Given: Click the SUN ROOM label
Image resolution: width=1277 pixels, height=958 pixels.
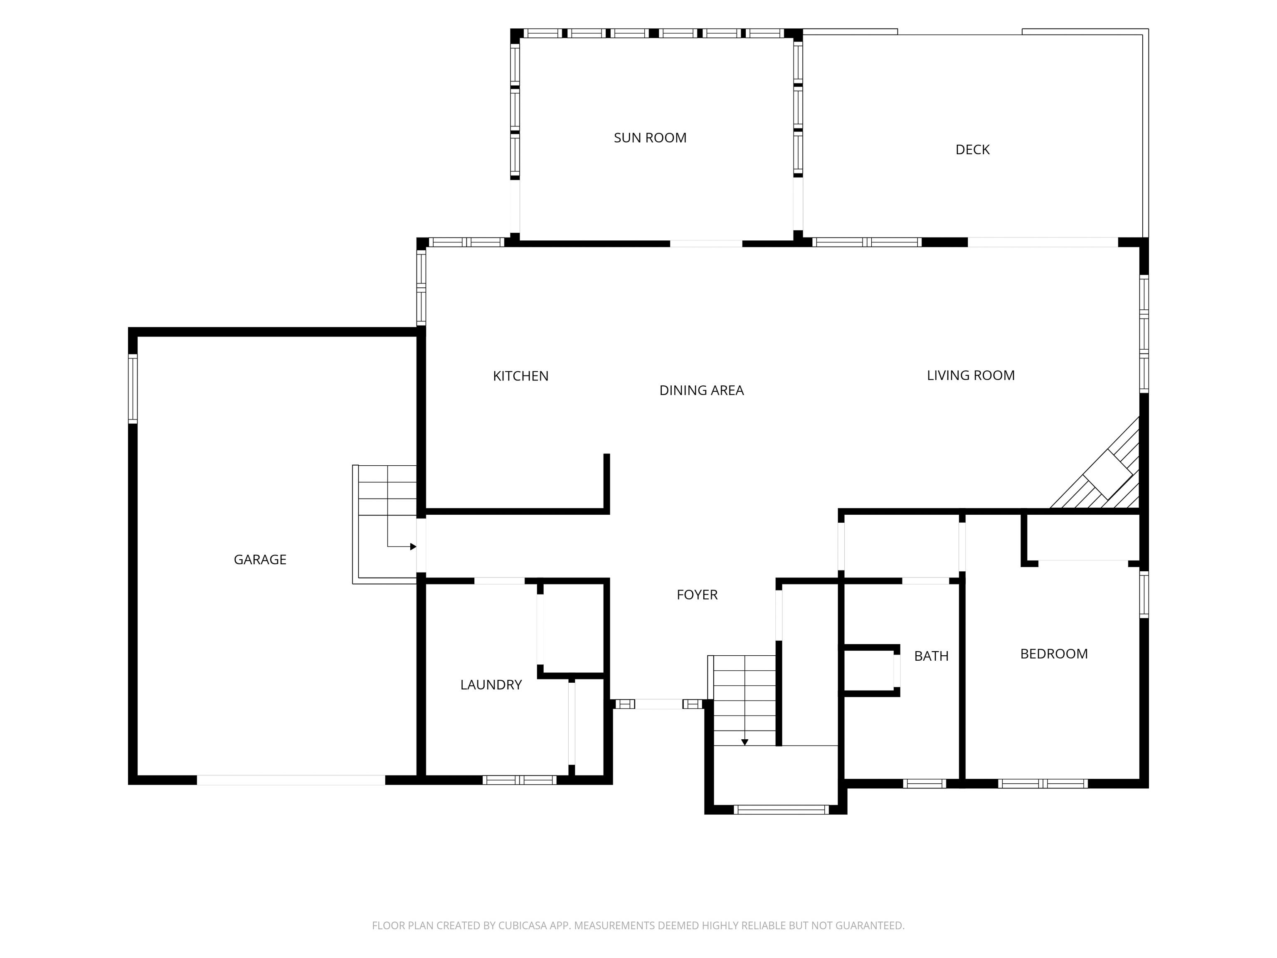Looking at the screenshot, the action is (x=650, y=138).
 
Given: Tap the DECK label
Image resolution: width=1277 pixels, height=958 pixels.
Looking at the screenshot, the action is (x=972, y=150).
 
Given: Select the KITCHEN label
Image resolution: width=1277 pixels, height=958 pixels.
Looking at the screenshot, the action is (x=521, y=376).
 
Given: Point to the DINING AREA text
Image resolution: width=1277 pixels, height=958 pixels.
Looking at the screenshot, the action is (x=701, y=390).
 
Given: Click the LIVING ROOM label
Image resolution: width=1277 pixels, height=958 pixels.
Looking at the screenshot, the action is (x=971, y=375).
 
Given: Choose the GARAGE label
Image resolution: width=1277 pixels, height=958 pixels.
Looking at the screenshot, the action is (x=260, y=560).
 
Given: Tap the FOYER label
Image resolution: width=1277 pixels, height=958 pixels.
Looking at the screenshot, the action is (x=697, y=595).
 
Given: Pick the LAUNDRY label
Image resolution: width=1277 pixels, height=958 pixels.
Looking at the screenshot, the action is (x=491, y=685).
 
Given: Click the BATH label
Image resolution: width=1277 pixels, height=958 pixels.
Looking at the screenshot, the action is (x=931, y=656).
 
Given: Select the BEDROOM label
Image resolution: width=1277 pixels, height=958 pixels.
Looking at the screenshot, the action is (x=1054, y=654).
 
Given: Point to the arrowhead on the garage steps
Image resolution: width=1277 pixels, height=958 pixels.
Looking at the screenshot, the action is (x=413, y=546).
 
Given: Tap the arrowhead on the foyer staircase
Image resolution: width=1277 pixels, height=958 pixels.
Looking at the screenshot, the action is (x=745, y=743).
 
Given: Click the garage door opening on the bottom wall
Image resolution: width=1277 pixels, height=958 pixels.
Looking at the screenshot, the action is (x=291, y=780).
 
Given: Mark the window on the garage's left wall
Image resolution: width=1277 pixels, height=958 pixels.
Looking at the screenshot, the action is (x=133, y=389).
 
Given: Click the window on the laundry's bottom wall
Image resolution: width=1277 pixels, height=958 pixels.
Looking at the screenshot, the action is (x=519, y=780).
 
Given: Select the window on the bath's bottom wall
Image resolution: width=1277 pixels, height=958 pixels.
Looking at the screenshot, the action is (x=924, y=784).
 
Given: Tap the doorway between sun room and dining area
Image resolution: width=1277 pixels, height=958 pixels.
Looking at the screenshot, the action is (x=706, y=244).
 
